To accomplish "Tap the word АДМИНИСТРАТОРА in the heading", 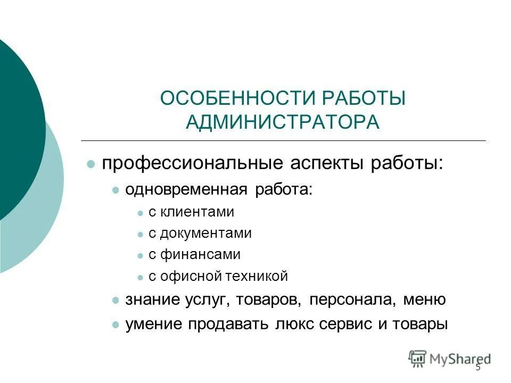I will (x=283, y=122).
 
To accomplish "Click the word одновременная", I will (x=186, y=190).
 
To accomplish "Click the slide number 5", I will (x=478, y=367).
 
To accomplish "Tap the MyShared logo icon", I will (x=417, y=357).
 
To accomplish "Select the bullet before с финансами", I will (x=140, y=256).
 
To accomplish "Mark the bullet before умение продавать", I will (x=116, y=324).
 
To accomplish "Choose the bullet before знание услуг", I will (x=116, y=301).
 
